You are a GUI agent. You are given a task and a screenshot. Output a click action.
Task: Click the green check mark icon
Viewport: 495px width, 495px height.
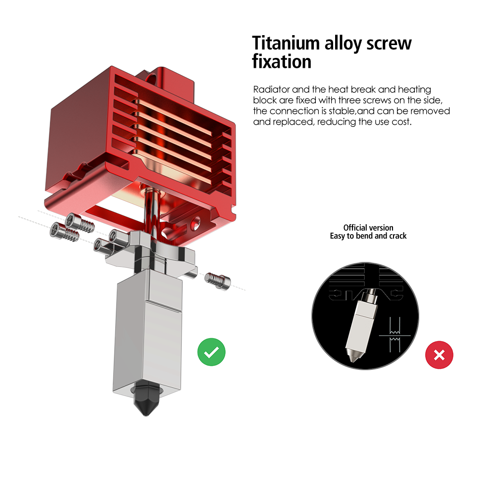pyautogui.click(x=211, y=352)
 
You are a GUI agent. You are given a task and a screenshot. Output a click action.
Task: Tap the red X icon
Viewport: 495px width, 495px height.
pyautogui.click(x=439, y=355)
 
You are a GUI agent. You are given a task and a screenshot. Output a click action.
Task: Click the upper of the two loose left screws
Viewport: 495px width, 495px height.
pyautogui.click(x=81, y=224)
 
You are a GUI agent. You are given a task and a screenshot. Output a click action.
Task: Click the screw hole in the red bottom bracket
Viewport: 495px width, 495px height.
pyautogui.click(x=198, y=221)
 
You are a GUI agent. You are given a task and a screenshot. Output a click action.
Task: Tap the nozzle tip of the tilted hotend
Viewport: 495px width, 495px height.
pyautogui.click(x=354, y=355)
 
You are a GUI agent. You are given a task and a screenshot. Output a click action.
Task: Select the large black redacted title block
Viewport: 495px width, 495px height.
pyautogui.click(x=332, y=51)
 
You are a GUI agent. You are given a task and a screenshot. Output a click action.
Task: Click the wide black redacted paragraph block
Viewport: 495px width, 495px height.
pyautogui.click(x=348, y=106)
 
